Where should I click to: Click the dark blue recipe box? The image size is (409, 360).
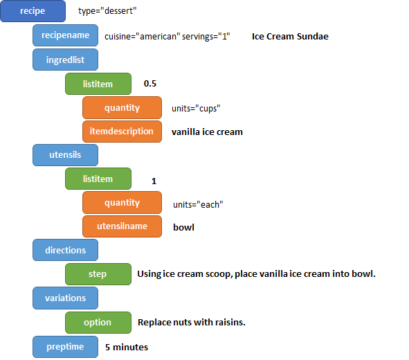[33, 11]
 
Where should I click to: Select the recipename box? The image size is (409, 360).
[65, 35]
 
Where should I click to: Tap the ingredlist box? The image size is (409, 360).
[65, 60]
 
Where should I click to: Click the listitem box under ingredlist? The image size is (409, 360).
[98, 84]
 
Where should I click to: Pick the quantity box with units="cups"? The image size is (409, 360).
[122, 107]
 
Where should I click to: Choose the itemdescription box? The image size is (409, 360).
[122, 131]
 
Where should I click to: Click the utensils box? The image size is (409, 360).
[65, 155]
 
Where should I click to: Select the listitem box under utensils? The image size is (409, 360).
[98, 179]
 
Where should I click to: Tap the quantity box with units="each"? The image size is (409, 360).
[122, 203]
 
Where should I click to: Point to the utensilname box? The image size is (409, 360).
[122, 226]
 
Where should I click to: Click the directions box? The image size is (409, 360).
[65, 250]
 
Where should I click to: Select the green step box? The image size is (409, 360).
[98, 274]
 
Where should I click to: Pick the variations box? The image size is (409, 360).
[65, 298]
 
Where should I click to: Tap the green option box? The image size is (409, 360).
[98, 322]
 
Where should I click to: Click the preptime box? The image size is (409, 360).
[65, 346]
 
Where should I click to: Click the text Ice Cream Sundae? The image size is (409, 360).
[290, 36]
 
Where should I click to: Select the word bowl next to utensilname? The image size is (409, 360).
[183, 226]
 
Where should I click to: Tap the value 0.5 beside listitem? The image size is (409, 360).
[150, 84]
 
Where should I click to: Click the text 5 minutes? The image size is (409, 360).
[127, 346]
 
